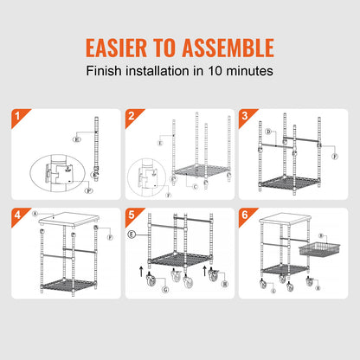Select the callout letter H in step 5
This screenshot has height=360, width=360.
pyautogui.click(x=225, y=281)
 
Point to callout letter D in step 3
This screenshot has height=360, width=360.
pyautogui.click(x=268, y=132)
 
